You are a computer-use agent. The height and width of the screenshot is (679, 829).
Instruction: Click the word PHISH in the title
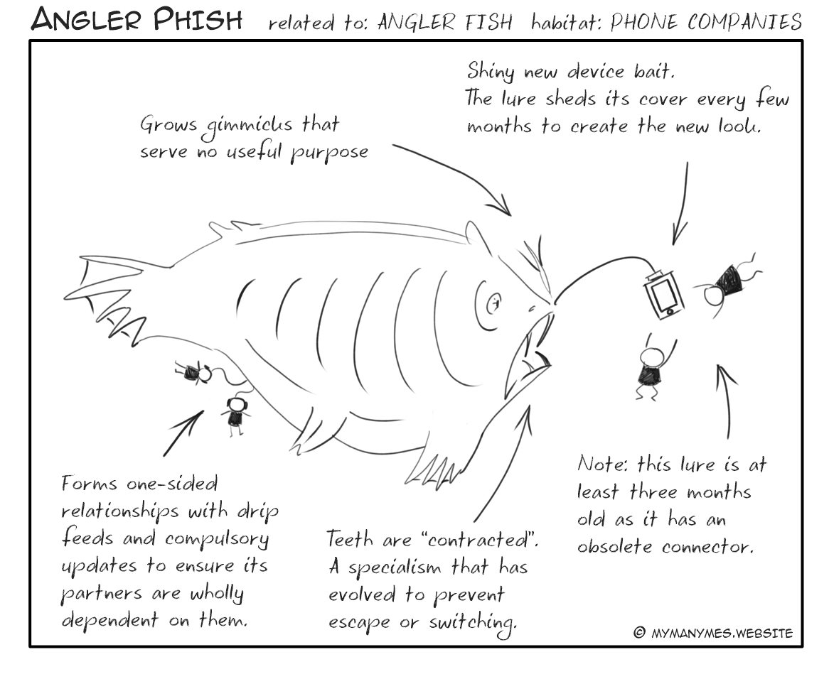(198, 20)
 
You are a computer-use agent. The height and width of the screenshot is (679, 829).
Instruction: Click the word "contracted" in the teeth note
(479, 540)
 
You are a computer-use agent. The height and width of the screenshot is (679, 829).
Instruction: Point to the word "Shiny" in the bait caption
(490, 71)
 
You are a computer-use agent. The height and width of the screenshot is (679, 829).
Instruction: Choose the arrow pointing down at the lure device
(682, 203)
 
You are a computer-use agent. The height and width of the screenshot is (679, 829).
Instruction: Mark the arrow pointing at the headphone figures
(183, 433)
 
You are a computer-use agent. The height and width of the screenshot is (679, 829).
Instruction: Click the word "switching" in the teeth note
(473, 623)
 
